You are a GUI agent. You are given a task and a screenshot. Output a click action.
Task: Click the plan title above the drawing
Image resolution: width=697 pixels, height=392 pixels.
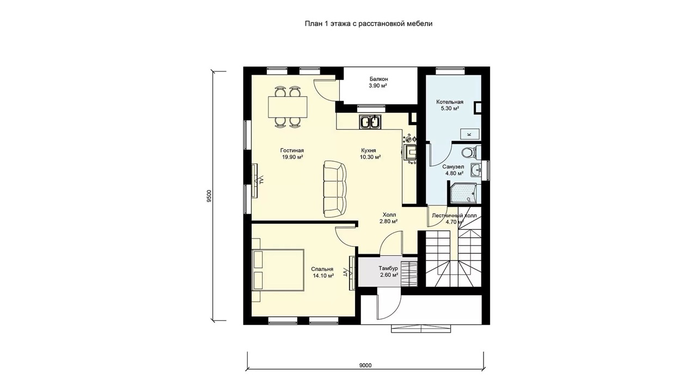(x=369, y=23)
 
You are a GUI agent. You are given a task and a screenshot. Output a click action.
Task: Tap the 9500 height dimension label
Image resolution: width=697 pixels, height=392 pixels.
(x=210, y=196)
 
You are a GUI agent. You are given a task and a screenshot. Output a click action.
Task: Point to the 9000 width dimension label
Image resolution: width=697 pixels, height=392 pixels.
(x=365, y=365)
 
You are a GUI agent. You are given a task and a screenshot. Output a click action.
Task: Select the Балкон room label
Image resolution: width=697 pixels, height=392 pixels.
(x=378, y=79)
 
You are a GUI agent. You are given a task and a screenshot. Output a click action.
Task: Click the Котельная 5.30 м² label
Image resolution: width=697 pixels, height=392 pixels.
(x=450, y=105)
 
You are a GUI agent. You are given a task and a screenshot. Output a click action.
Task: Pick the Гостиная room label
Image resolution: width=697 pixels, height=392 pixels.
(x=292, y=151)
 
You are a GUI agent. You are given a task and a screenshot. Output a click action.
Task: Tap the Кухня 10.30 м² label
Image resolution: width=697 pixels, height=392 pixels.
(x=370, y=154)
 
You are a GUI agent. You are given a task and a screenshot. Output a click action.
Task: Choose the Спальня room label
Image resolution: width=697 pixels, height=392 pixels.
(x=322, y=269)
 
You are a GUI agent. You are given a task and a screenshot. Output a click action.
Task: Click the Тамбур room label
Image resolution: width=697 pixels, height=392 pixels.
(x=388, y=268)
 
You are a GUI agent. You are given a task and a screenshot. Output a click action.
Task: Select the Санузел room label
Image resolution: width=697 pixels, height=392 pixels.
(x=453, y=167)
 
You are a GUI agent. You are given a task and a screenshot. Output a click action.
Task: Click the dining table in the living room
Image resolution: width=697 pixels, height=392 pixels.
(x=288, y=107)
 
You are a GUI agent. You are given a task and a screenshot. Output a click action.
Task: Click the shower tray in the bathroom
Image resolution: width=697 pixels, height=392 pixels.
(x=464, y=193)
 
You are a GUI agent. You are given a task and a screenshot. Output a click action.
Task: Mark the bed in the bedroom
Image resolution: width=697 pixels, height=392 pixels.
(x=278, y=269)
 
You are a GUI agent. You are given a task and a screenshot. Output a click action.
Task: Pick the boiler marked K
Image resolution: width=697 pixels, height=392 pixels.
(x=469, y=134)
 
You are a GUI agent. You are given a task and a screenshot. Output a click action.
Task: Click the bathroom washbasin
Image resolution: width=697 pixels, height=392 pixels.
(x=476, y=170)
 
